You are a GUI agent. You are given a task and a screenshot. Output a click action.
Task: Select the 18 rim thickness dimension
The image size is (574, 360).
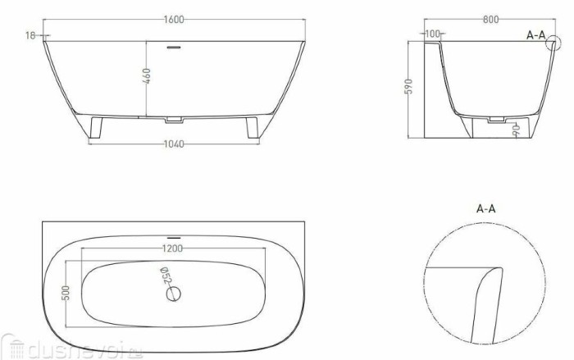(x=30, y=35)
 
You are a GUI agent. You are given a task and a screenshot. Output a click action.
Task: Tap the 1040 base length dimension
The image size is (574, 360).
(x=173, y=144)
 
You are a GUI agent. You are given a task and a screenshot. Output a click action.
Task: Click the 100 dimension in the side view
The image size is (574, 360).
(x=433, y=34)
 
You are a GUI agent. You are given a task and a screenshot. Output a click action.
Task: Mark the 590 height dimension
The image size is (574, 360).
(x=417, y=86)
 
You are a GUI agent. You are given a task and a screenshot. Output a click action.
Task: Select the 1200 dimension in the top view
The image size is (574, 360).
(x=173, y=248)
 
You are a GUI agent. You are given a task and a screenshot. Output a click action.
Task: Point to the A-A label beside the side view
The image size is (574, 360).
(x=535, y=35)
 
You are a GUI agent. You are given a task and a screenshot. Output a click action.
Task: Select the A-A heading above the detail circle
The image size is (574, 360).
(x=486, y=209)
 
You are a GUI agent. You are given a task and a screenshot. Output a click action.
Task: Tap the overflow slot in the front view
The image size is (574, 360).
(x=173, y=47)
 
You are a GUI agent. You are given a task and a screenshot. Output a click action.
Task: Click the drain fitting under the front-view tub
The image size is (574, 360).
(x=173, y=120)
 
